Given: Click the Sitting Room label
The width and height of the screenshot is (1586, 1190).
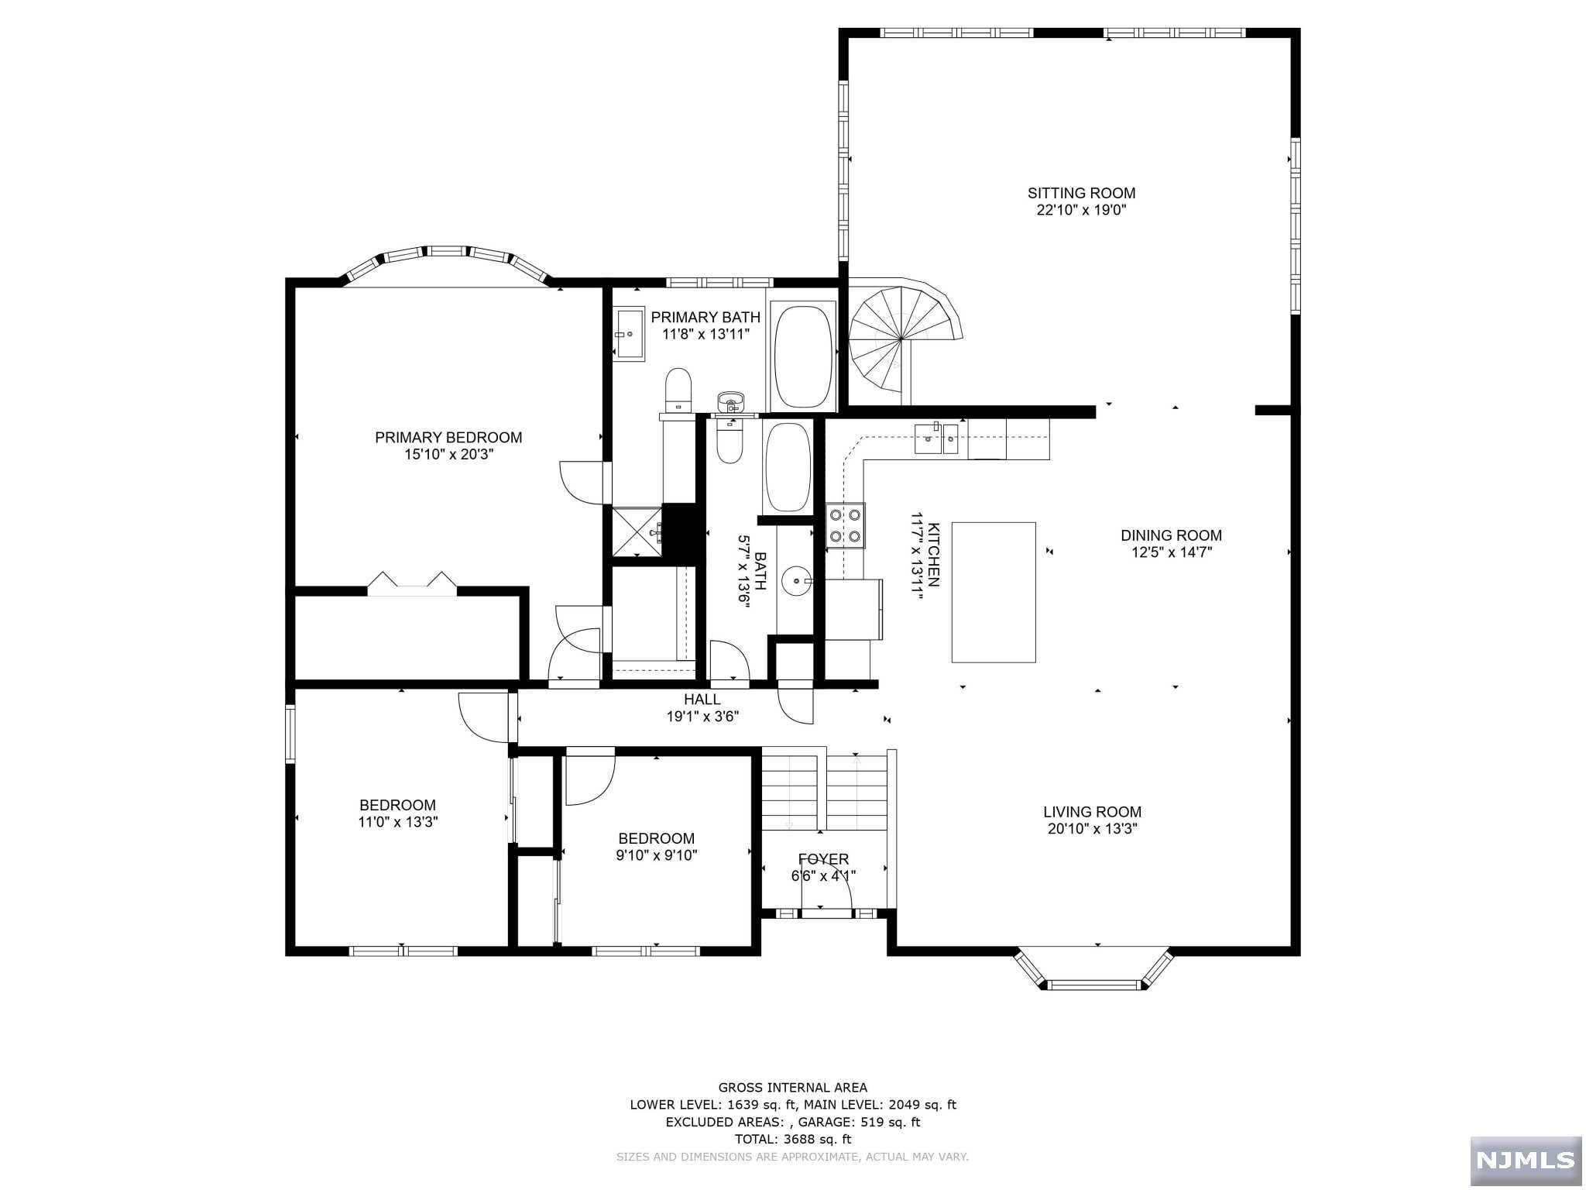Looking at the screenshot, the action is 1081,193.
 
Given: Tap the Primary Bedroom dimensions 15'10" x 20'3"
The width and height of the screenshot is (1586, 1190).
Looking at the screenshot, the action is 448,455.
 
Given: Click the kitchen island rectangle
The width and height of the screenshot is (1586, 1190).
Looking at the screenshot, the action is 994,592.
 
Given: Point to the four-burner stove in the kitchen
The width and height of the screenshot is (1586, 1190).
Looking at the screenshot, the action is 845,525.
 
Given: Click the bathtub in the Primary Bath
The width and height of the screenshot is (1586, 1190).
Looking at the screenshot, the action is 804,356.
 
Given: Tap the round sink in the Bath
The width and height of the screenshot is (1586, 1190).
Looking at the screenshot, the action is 797,580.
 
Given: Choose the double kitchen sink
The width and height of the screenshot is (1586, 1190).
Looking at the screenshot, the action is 937,439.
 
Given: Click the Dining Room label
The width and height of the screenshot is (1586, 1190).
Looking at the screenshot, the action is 1171,535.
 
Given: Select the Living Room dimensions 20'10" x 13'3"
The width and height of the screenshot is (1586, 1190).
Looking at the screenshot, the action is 1092,829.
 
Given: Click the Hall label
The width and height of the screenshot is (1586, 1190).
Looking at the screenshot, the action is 702,700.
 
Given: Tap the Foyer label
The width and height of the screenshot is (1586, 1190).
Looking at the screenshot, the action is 823,859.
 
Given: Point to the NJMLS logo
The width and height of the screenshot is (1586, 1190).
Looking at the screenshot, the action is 1526,1160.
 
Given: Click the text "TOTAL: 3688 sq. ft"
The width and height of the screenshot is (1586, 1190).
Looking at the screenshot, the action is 792,1139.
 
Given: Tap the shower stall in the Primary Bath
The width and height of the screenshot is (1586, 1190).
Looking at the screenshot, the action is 637,531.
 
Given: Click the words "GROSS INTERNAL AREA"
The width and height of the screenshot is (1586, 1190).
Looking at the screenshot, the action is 792,1088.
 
